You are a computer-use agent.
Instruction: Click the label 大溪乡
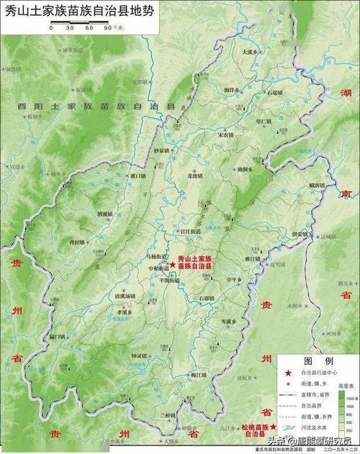tap(250, 52)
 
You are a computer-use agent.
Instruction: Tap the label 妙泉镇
tap(161, 150)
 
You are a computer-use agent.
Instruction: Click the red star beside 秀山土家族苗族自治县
tap(173, 265)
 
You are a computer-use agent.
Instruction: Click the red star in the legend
tap(289, 373)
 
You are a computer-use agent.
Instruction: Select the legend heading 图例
tap(318, 360)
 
